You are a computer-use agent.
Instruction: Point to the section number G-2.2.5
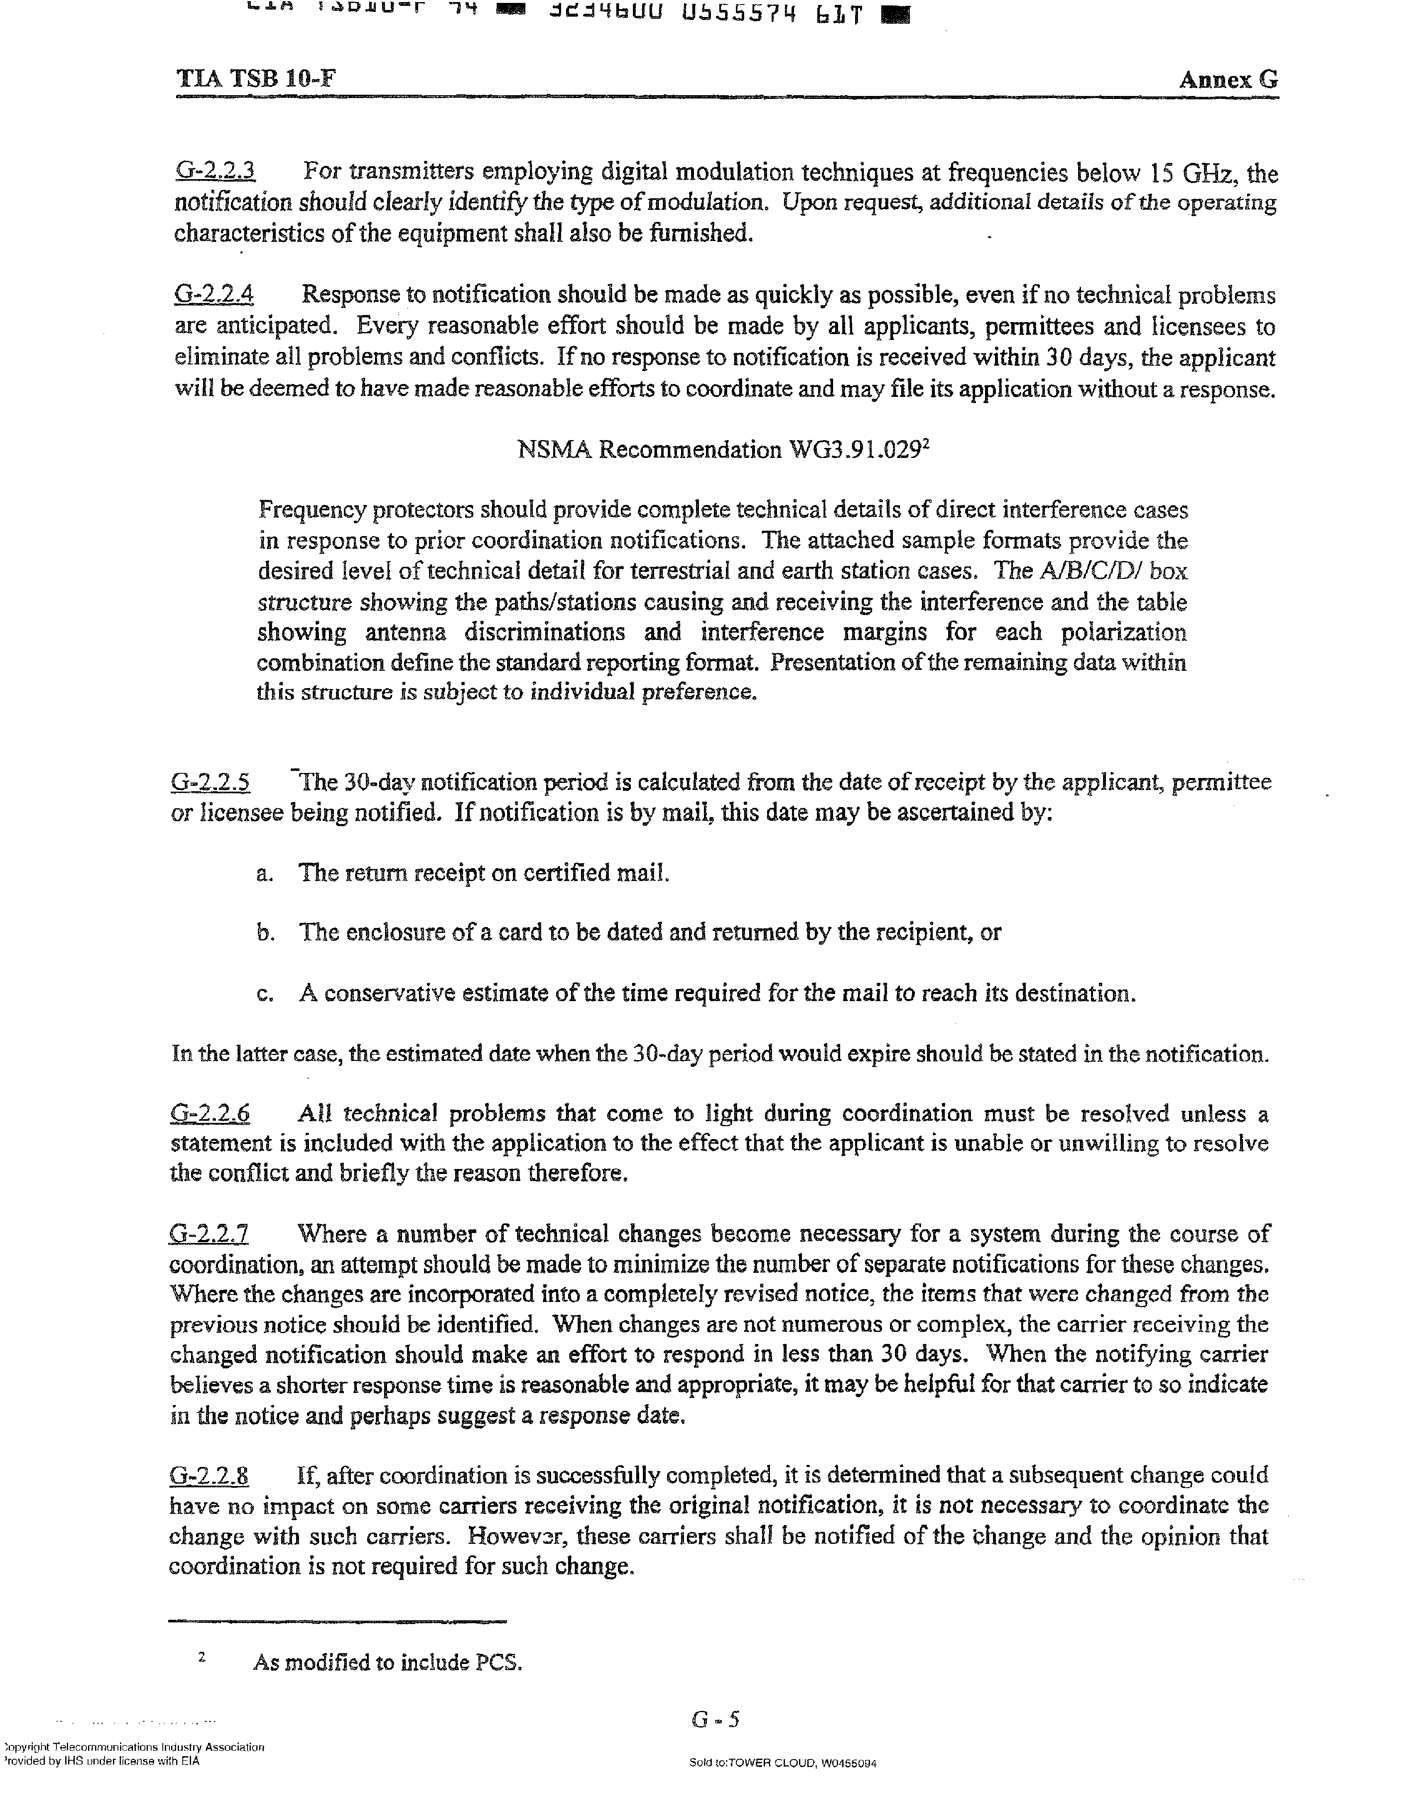pyautogui.click(x=211, y=782)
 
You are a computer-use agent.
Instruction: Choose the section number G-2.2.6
pyautogui.click(x=210, y=1113)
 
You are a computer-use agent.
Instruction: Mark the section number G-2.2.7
pyautogui.click(x=209, y=1234)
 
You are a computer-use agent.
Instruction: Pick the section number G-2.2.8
pyautogui.click(x=209, y=1476)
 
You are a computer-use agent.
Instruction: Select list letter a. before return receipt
pyautogui.click(x=265, y=874)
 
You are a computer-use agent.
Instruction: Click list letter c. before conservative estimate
pyautogui.click(x=265, y=993)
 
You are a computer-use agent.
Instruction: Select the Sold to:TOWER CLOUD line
pyautogui.click(x=782, y=1762)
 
